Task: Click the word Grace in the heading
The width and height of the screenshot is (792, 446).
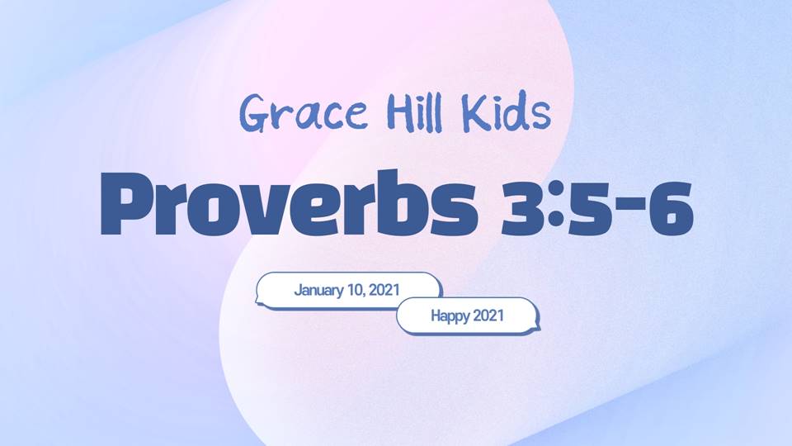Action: (304, 112)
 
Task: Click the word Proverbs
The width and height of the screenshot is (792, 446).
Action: (289, 204)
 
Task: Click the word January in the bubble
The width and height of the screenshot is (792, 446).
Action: (318, 290)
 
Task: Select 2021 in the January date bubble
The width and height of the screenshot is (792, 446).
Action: (384, 290)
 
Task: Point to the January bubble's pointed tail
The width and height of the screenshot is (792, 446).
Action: (257, 302)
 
